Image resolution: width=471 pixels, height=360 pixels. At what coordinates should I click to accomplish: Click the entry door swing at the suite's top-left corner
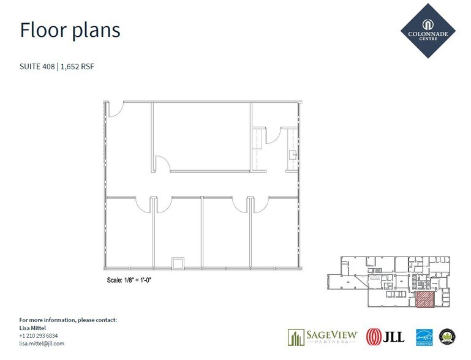[116, 109]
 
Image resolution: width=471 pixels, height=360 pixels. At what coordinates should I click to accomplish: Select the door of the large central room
[163, 163]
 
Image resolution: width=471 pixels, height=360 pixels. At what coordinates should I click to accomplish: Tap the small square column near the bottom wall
[178, 263]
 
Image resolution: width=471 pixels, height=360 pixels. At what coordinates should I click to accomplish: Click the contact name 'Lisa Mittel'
[33, 328]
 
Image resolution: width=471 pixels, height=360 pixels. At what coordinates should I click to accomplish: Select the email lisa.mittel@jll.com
[42, 343]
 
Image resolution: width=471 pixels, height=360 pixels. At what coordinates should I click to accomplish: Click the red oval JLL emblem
[372, 337]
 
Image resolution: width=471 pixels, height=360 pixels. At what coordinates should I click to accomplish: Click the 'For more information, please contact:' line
[68, 320]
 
